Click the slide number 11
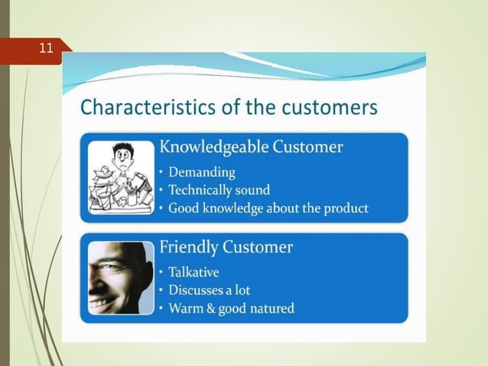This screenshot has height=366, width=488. click(47, 49)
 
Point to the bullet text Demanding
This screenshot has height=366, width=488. click(201, 172)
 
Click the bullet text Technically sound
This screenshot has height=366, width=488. click(219, 190)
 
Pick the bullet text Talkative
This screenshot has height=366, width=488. click(197, 273)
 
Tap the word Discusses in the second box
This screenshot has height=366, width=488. click(197, 291)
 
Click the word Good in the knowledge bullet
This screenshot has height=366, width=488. click(184, 208)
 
